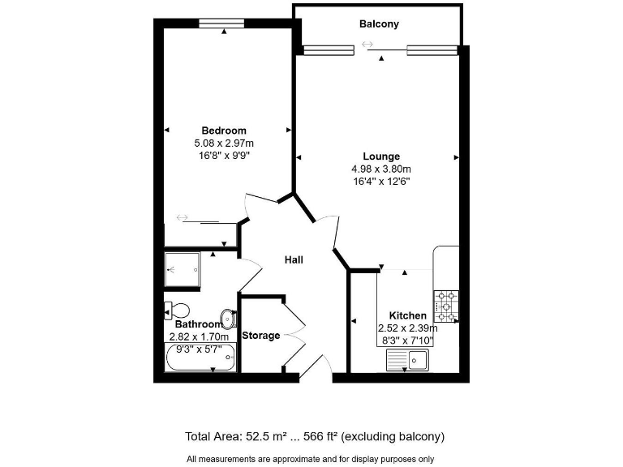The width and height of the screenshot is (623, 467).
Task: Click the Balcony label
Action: coord(379,24)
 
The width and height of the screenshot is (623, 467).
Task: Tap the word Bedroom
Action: coord(224,131)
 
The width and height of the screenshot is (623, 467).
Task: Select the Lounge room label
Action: coord(380,156)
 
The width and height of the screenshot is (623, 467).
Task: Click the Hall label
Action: coord(294,260)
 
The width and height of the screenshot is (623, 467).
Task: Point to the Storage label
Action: coord(261,336)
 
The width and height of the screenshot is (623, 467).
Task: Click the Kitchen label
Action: coord(407,315)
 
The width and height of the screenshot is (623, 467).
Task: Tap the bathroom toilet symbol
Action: coord(176,310)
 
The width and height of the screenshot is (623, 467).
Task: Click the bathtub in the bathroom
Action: coord(200,358)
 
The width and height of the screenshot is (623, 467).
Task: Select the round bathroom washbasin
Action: coord(228,317)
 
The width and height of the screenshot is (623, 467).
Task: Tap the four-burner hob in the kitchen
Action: coord(446,306)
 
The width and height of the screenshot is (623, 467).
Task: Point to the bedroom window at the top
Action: coord(223,23)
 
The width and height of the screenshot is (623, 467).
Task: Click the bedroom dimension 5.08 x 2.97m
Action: coord(224,143)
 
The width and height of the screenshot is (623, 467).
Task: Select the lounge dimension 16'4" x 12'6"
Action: coord(380,182)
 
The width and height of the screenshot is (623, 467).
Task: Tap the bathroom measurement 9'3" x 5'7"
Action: coord(199,349)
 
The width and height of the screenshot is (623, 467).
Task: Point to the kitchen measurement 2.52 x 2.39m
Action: coord(407,328)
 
